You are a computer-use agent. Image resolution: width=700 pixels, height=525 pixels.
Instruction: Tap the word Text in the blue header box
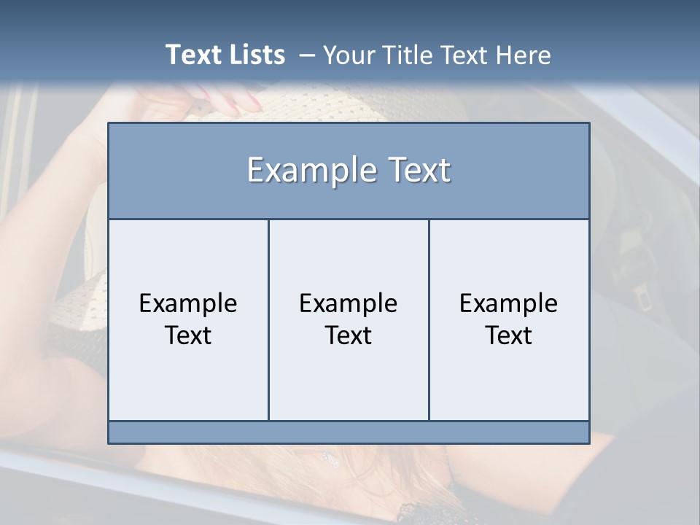click(x=417, y=171)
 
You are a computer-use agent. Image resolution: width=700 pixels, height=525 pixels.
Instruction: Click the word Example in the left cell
click(x=188, y=303)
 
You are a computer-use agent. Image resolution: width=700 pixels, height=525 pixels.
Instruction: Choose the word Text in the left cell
click(x=188, y=335)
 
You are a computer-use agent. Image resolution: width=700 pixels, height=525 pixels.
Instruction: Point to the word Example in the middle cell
click(x=349, y=303)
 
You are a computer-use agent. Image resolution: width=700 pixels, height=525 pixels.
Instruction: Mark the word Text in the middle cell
click(x=349, y=335)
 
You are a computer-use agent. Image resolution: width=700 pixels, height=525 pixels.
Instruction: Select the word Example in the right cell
click(x=508, y=303)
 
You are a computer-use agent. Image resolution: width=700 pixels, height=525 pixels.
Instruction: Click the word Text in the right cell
click(x=508, y=335)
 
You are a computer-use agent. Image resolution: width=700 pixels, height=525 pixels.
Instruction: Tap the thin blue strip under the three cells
click(x=349, y=432)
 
